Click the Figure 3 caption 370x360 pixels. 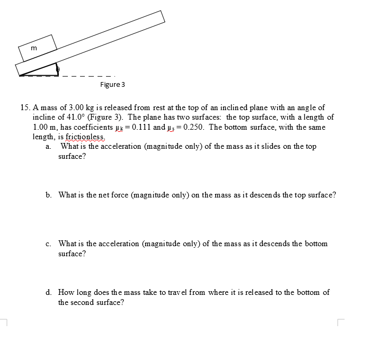[x=112, y=85]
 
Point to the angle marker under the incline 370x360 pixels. [x=58, y=69]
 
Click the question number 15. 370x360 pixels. [x=25, y=107]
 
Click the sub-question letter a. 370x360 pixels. [x=48, y=147]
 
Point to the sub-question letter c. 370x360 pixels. [x=48, y=244]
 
